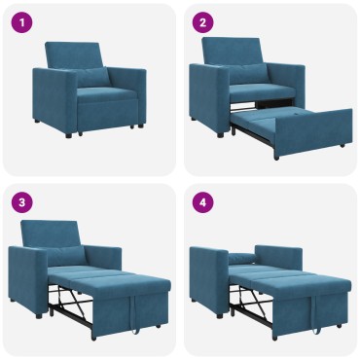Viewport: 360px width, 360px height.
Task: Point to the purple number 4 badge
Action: coord(202,202)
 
